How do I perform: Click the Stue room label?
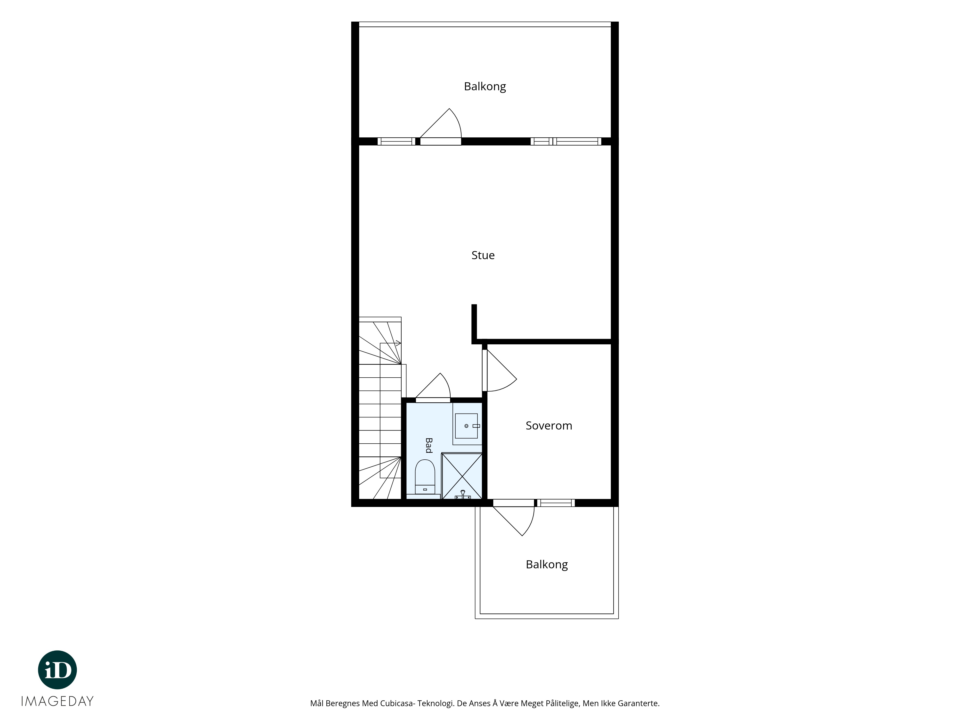[x=483, y=255]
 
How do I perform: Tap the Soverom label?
[x=549, y=426]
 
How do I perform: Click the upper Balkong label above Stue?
[x=485, y=86]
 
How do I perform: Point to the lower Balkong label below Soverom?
[x=546, y=564]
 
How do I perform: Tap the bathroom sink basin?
[x=466, y=426]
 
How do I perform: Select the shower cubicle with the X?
[x=462, y=476]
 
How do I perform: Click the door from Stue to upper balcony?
[x=441, y=127]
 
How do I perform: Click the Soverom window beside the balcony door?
[x=555, y=503]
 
